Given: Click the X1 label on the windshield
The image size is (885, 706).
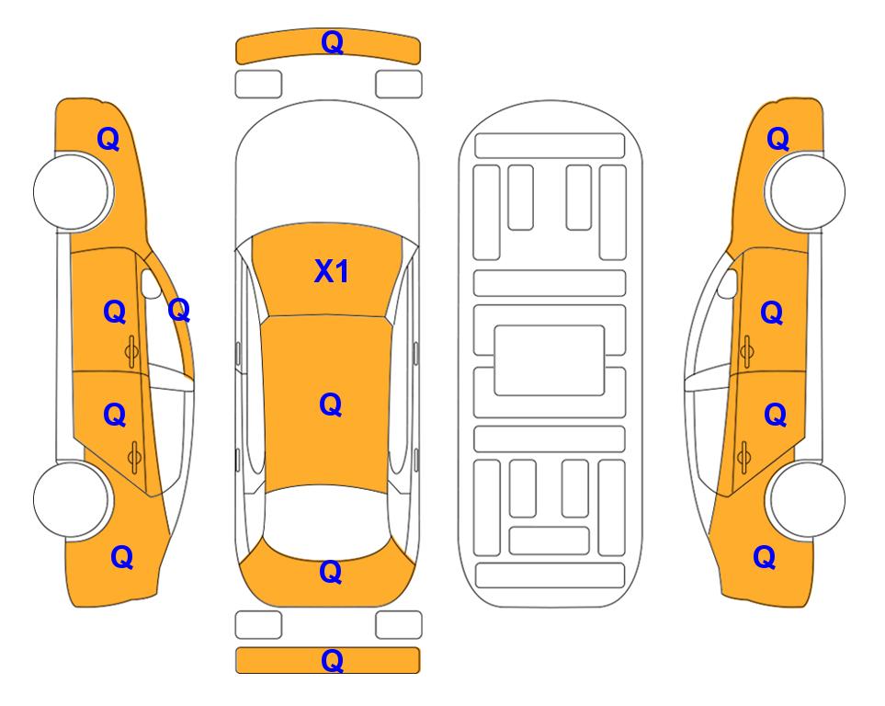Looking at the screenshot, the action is [x=332, y=271].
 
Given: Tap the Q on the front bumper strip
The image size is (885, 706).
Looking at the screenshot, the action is [x=332, y=42].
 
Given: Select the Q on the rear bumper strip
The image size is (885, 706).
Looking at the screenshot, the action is [x=332, y=660].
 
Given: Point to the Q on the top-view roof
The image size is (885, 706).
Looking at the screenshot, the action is [x=331, y=404].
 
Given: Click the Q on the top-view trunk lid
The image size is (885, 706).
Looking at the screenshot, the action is [x=331, y=572].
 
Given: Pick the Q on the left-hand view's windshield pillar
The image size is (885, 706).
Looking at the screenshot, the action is [x=179, y=310].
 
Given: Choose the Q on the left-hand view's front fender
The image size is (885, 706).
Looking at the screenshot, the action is [x=108, y=139].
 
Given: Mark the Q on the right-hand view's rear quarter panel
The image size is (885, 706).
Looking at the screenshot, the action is [x=765, y=557].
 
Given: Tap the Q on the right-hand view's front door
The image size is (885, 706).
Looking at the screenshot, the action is [x=772, y=313].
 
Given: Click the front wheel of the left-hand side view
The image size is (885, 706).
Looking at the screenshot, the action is [x=72, y=191].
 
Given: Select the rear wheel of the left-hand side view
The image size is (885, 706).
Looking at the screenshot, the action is [x=72, y=499].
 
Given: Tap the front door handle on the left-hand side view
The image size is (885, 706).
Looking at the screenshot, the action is [x=132, y=351].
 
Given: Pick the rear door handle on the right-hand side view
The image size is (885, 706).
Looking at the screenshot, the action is [x=744, y=457].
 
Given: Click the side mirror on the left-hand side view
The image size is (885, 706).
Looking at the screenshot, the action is [x=150, y=284].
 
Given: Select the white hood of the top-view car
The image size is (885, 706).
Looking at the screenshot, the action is [x=327, y=164].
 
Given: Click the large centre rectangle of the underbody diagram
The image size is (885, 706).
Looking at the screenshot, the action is [x=550, y=360].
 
